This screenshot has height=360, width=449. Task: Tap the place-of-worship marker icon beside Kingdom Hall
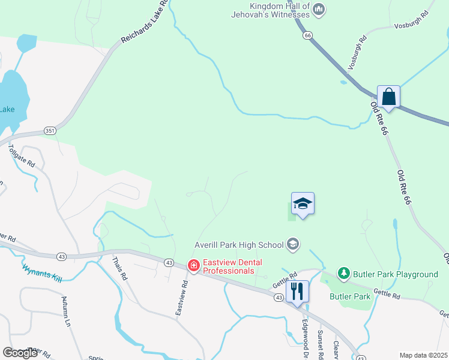(319, 10)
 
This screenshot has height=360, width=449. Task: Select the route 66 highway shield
(308, 35)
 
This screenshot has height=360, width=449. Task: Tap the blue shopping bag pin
(388, 97)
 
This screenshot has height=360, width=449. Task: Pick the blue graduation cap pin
(303, 204)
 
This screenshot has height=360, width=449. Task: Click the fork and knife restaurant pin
(297, 292)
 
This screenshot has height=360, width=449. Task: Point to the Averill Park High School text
(239, 244)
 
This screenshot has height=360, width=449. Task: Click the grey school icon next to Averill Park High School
(292, 244)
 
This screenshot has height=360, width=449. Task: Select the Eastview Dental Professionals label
(228, 266)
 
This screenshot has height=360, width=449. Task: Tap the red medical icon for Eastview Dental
(193, 265)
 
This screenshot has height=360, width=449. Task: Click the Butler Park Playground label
(395, 274)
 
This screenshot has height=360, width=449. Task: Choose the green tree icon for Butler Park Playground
(343, 274)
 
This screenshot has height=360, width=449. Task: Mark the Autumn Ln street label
(67, 311)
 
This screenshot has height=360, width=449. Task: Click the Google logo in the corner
(20, 352)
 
